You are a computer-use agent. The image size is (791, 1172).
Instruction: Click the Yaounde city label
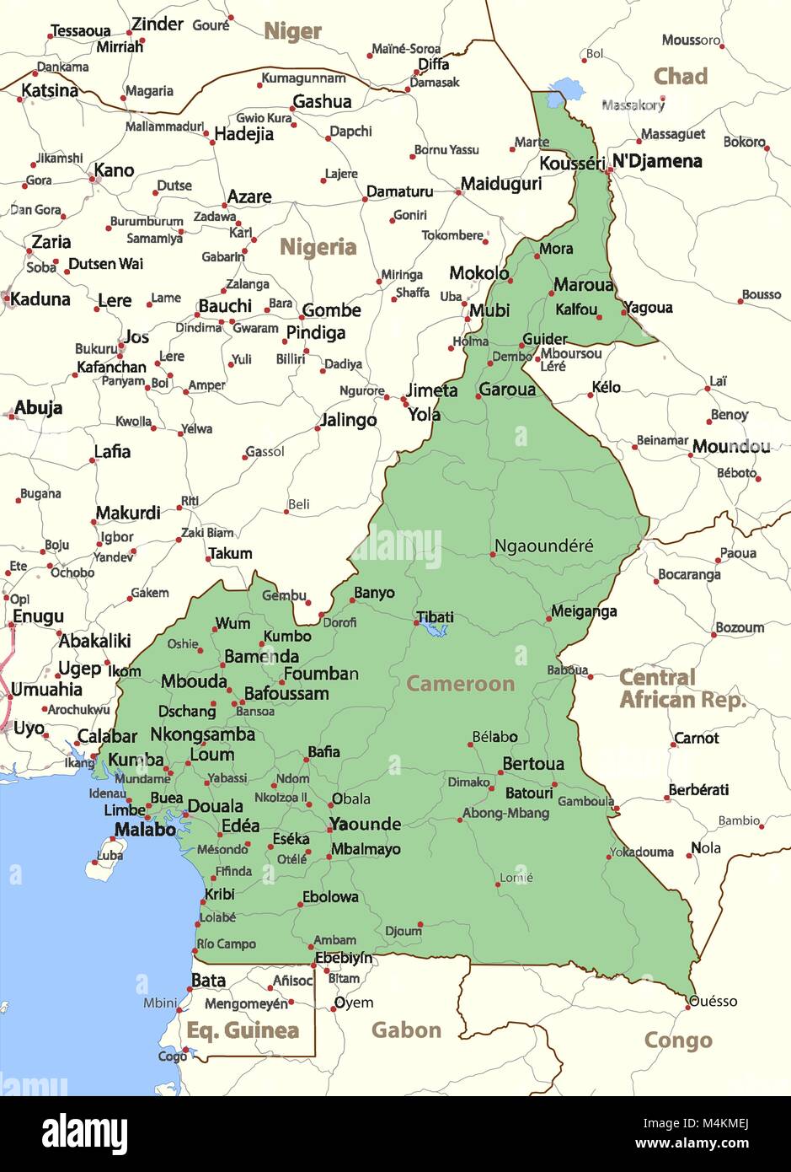365,824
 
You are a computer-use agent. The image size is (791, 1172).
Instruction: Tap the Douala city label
215,806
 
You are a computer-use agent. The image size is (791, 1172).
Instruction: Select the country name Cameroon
460,683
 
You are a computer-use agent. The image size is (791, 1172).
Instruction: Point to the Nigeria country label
318,247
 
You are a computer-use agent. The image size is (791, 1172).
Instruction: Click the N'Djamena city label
657,161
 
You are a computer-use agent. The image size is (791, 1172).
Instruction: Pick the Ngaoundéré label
543,546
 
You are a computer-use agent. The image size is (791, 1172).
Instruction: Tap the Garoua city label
507,390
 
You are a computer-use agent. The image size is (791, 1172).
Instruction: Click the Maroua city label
584,285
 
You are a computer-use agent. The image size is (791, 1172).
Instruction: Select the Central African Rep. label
682,689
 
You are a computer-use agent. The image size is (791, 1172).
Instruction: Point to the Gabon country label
406,1030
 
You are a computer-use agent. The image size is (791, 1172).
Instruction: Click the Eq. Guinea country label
243,1030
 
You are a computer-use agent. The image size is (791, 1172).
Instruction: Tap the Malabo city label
145,829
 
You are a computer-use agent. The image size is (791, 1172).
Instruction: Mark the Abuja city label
39,408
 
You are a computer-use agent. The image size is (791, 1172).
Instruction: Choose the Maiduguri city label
501,183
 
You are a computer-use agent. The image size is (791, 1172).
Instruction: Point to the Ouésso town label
714,1002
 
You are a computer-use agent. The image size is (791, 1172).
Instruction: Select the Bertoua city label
533,764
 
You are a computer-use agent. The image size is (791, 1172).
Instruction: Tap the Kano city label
114,170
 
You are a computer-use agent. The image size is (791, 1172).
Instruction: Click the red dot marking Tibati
417,623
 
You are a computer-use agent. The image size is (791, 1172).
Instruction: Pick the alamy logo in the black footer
84,1132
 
